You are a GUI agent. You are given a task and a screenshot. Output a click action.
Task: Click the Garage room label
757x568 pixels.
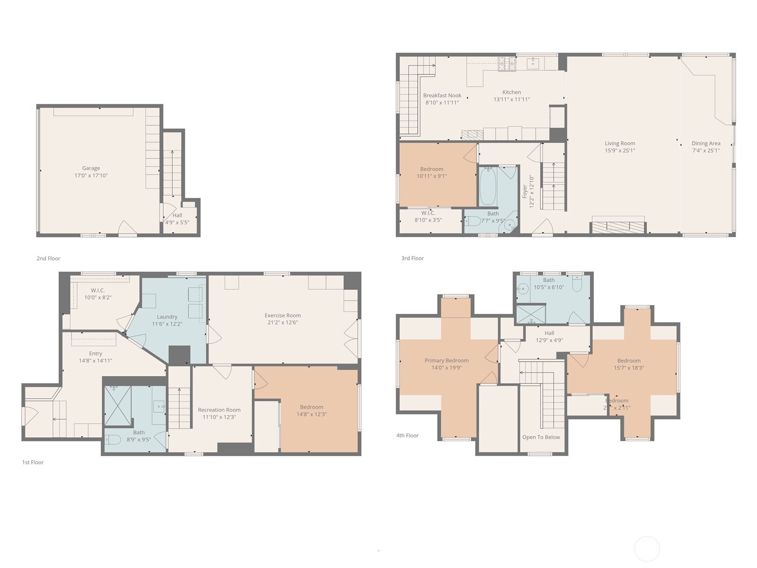[91, 168]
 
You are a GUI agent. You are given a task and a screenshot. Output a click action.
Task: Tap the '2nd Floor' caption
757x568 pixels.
[48, 258]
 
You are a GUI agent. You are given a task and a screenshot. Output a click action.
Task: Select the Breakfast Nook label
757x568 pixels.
[442, 95]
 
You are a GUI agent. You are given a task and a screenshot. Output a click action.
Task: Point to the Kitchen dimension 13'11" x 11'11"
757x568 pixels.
[511, 100]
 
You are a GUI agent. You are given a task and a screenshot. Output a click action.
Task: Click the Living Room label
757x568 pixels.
[620, 143]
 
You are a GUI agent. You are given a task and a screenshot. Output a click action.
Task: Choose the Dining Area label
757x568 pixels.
[706, 143]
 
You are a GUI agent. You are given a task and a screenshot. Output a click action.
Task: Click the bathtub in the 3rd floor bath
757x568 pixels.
[487, 186]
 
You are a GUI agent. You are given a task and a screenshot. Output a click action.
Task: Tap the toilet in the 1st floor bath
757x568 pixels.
[113, 440]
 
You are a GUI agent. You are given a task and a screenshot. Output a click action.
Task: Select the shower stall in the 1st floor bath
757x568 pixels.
[117, 406]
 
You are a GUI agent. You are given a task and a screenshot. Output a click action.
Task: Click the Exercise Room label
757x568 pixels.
[282, 315]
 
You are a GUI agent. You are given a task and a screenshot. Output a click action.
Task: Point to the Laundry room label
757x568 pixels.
[167, 317]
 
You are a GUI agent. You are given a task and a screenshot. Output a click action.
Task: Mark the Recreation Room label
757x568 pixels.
[219, 410]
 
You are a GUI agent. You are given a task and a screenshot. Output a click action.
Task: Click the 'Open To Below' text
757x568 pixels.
[541, 437]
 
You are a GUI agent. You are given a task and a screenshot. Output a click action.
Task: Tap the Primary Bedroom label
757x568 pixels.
[446, 361]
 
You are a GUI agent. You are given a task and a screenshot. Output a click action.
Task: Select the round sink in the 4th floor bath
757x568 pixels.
[522, 288]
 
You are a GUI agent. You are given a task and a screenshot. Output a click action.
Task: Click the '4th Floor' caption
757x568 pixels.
[407, 435]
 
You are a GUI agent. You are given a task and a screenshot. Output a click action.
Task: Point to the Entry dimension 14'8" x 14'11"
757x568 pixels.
[96, 361]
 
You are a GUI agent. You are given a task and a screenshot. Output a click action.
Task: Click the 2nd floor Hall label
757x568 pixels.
[177, 215]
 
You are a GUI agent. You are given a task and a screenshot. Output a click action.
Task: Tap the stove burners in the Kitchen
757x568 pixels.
[507, 64]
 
